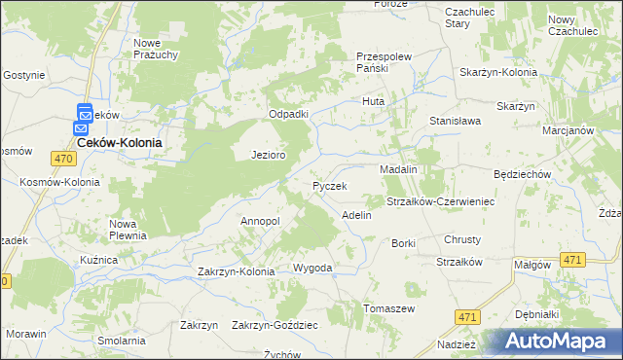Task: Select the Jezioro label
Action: point(268,155)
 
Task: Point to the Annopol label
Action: point(260,221)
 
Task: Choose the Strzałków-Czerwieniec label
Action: point(441,201)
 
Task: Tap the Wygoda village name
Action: point(313,268)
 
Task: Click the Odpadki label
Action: point(289,114)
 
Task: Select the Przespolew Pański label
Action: point(386,62)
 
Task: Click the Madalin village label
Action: point(398,168)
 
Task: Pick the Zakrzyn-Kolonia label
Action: point(237,271)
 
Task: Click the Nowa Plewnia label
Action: point(128,229)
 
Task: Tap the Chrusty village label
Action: point(462,239)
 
